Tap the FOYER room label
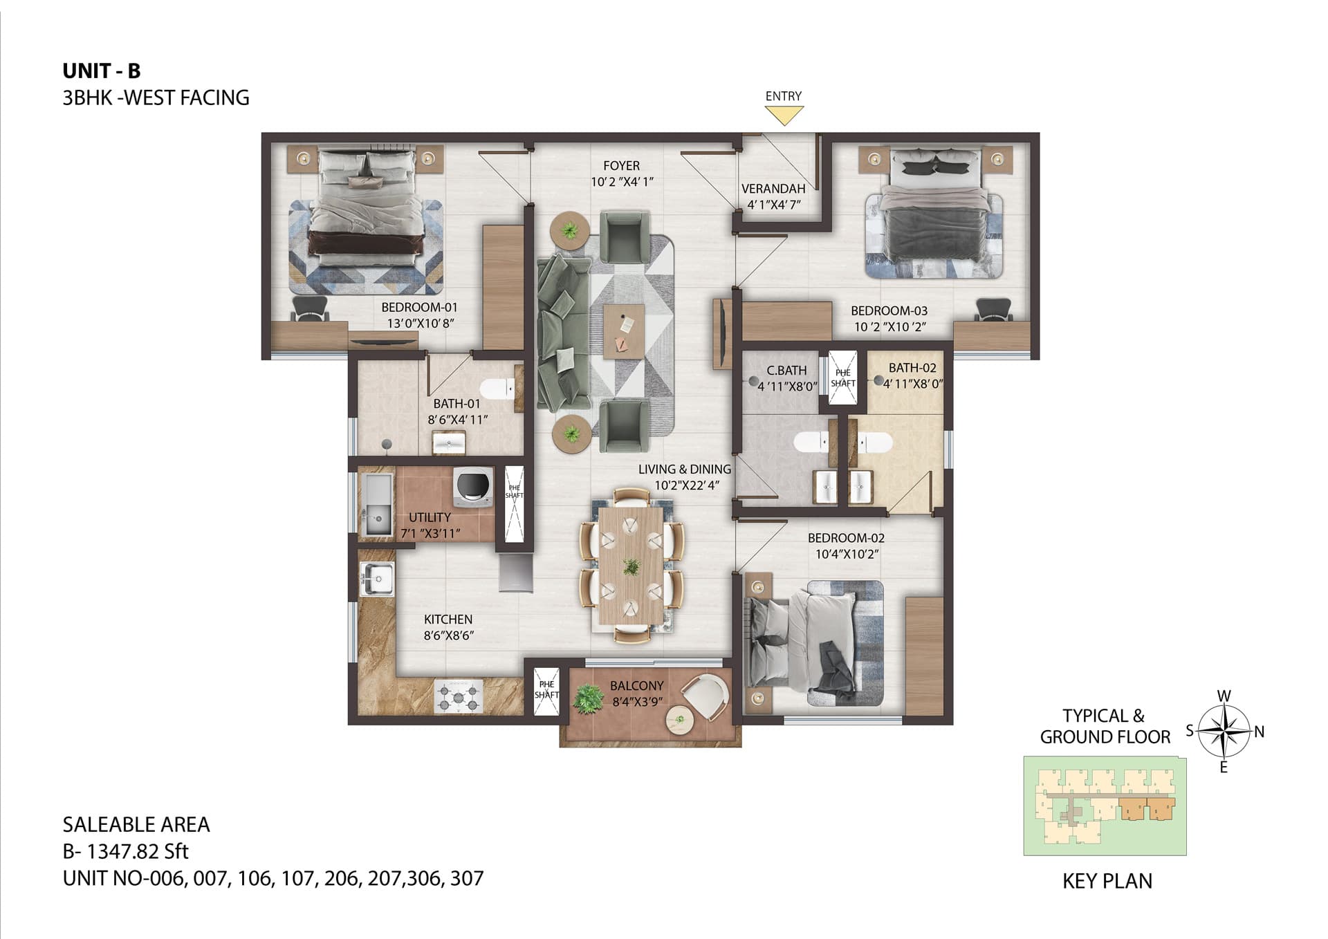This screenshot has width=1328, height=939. tap(621, 166)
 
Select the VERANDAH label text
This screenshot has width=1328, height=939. tap(773, 189)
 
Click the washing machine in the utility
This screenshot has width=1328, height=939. tap(473, 485)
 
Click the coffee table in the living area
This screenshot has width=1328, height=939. tap(624, 331)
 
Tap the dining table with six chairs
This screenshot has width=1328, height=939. tap(631, 565)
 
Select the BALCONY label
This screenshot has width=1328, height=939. tap(636, 686)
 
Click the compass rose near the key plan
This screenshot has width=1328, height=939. tap(1224, 731)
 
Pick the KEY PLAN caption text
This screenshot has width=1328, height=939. tap(1107, 882)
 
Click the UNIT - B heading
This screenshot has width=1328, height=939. tap(102, 71)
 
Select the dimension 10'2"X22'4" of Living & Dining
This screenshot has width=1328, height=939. tap(687, 485)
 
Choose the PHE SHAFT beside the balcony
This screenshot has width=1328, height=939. tap(546, 689)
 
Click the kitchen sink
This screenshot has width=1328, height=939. tap(377, 579)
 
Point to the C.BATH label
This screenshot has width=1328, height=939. tap(786, 371)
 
